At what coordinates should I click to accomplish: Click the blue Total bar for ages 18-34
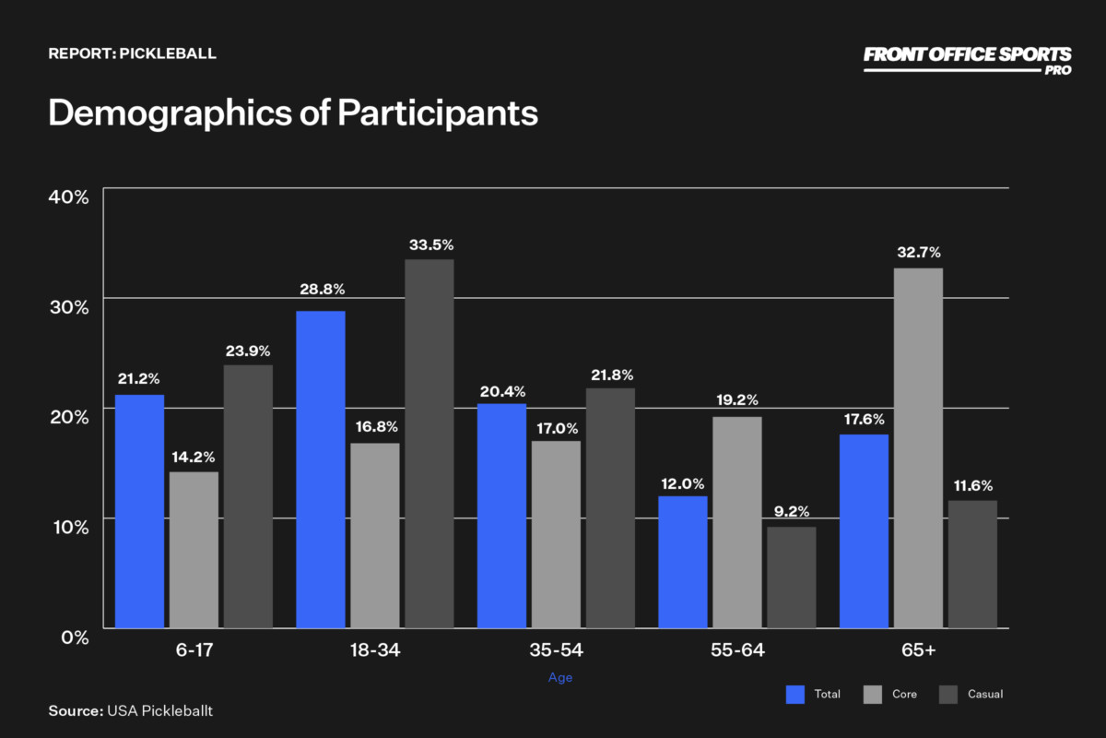tap(320, 470)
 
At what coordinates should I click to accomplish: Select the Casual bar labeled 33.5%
tap(429, 444)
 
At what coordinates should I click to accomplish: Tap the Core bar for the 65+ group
tap(918, 448)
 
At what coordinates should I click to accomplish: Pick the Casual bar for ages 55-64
tap(791, 577)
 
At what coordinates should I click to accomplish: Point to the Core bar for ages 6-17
tap(194, 550)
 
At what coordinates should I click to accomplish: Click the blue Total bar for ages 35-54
tap(501, 516)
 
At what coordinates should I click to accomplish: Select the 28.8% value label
tap(322, 290)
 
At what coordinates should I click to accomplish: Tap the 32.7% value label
tap(918, 252)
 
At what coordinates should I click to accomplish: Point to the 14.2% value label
tap(194, 456)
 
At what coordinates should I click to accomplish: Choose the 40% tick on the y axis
tap(68, 196)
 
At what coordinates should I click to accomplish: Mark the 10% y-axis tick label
tap(68, 527)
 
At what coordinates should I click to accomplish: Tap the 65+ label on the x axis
tap(918, 650)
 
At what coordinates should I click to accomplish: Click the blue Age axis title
tap(560, 678)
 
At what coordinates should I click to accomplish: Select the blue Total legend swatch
tap(795, 694)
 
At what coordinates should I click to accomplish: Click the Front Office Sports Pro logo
tap(967, 59)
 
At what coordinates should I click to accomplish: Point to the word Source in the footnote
tap(75, 710)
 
